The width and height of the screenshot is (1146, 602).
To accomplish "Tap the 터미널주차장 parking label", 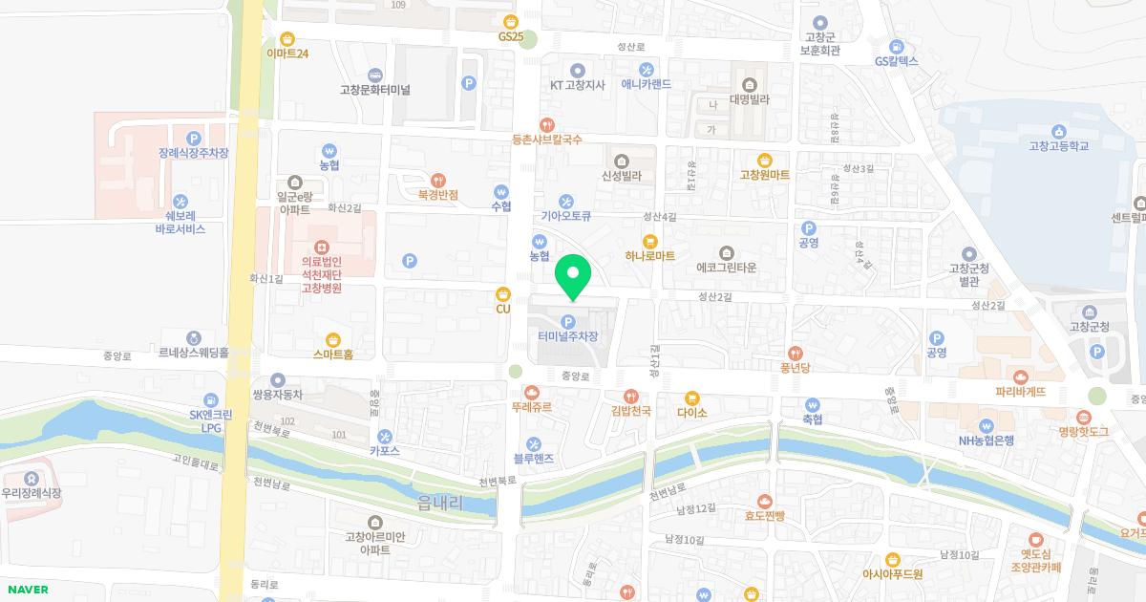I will [x=568, y=336].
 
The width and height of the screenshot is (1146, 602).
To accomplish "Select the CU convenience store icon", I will [x=503, y=294].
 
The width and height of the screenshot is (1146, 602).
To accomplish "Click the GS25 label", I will [x=511, y=36].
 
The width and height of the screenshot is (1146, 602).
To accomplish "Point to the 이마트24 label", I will [x=287, y=54].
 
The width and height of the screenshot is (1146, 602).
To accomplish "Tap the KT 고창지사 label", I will [x=577, y=84].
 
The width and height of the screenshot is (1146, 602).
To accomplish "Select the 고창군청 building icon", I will [x=1090, y=312].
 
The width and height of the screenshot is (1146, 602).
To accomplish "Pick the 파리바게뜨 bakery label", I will [x=1021, y=392].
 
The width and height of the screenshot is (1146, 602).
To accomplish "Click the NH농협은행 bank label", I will [x=987, y=441].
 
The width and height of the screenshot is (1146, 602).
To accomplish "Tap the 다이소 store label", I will [x=691, y=413].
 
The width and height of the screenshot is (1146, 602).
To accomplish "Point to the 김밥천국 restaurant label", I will [x=630, y=411].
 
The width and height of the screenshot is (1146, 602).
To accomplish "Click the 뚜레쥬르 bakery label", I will [x=531, y=407].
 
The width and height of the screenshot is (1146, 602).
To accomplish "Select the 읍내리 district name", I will [x=439, y=503].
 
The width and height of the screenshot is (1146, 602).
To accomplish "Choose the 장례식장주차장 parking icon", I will [x=194, y=138].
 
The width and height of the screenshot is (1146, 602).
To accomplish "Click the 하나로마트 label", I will [x=650, y=256].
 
